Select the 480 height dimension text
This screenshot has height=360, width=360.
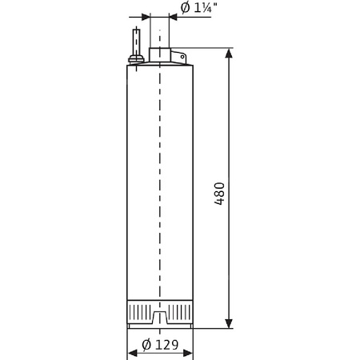click(x=220, y=194)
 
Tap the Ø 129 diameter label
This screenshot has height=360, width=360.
click(x=161, y=345)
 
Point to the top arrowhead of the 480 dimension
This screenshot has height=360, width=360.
click(x=230, y=54)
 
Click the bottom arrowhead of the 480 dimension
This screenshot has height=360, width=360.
click(x=230, y=323)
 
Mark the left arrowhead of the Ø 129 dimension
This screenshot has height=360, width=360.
click(x=132, y=353)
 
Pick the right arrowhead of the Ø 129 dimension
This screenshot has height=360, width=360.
click(x=189, y=353)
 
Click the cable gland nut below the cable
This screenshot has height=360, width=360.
click(x=136, y=58)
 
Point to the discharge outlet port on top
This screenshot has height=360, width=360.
click(x=160, y=55)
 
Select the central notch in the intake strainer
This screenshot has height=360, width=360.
click(x=160, y=318)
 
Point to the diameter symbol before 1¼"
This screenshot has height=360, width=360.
click(x=185, y=9)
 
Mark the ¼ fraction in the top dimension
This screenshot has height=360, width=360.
click(x=204, y=9)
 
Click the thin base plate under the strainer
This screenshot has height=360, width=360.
click(x=160, y=326)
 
